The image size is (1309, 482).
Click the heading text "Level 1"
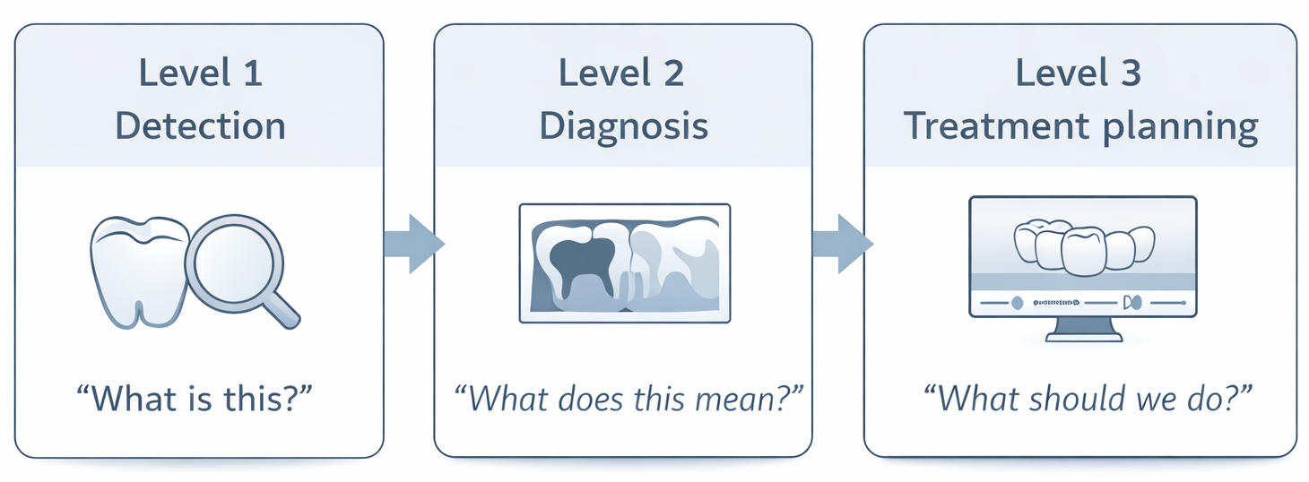[201, 73]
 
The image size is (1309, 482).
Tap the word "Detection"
[201, 126]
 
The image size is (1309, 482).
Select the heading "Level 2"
[621, 73]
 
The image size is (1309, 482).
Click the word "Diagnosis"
[623, 126]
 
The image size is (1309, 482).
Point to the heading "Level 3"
[1079, 73]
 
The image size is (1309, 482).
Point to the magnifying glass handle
[284, 309]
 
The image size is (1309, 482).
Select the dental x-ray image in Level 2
[624, 263]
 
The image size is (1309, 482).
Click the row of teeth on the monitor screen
[1083, 246]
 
